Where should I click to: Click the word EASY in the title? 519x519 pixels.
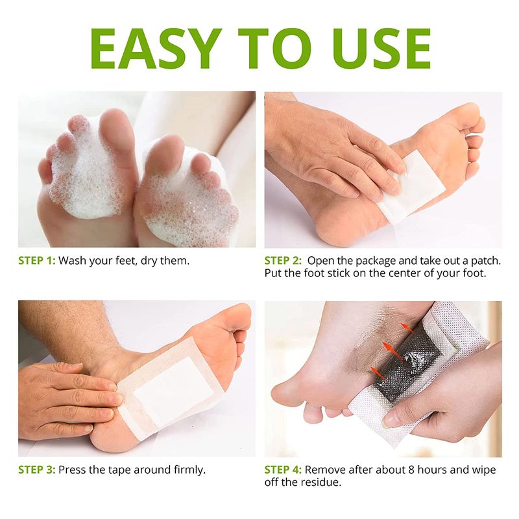[x=156, y=49]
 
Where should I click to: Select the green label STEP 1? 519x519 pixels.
[x=37, y=261]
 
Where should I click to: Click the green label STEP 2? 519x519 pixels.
[x=283, y=261]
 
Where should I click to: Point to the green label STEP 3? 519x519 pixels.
[x=37, y=470]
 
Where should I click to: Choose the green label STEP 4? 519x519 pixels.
[x=283, y=470]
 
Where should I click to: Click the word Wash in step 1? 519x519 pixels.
[x=72, y=261]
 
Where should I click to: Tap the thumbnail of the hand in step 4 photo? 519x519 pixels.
[x=391, y=420]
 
